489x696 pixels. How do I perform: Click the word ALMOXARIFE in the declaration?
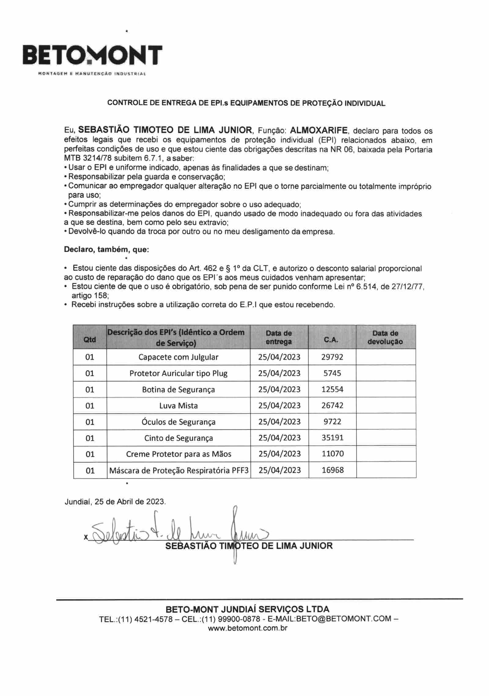click(x=318, y=131)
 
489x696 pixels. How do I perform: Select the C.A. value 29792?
click(x=332, y=357)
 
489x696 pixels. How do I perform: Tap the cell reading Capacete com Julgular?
click(x=178, y=357)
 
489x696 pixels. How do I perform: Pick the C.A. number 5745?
click(x=332, y=373)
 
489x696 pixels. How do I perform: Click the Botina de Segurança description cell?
click(x=178, y=389)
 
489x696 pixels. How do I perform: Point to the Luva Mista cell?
click(x=178, y=406)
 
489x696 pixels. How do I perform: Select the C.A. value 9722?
click(x=332, y=422)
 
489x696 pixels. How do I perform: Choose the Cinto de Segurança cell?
click(x=178, y=438)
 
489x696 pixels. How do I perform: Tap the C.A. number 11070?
click(x=333, y=454)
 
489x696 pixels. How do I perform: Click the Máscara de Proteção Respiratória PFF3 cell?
click(x=179, y=470)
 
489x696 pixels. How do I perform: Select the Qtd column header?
click(x=90, y=340)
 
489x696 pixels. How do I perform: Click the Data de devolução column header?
click(x=385, y=337)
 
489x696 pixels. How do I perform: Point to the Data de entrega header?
click(x=279, y=337)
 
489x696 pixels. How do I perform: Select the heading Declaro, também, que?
click(x=106, y=250)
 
